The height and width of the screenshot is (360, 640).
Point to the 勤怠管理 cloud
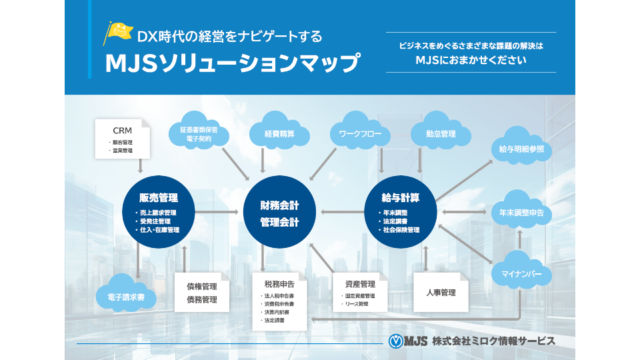[441, 134]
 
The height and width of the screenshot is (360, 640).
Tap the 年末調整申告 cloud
[521, 213]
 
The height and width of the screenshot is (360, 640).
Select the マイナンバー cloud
[521, 274]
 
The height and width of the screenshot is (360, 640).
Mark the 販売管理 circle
[158, 213]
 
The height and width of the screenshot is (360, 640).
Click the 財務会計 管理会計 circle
[279, 213]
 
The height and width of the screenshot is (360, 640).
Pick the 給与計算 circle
[401, 213]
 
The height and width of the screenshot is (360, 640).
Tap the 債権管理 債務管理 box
[202, 292]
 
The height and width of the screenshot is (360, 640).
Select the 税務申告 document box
[279, 301]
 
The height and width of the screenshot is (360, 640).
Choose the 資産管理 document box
[360, 292]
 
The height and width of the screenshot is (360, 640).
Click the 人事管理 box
[440, 291]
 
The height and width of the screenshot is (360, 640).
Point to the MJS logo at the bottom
[407, 341]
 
